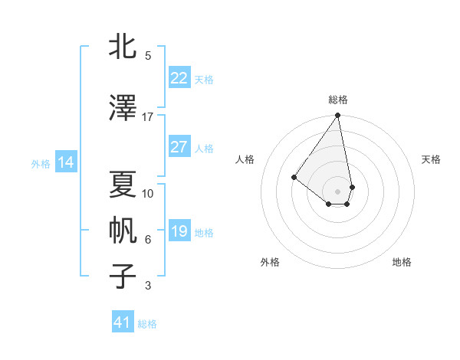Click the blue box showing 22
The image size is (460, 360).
(x=179, y=78)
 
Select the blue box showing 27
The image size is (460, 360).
(x=179, y=147)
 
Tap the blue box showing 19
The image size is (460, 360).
(x=179, y=231)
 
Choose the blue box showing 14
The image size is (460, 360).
(x=65, y=162)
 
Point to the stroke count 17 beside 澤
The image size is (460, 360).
(x=148, y=117)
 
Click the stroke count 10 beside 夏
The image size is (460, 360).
(x=148, y=194)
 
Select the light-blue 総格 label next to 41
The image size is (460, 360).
(x=147, y=324)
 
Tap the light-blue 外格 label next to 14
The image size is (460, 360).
(x=41, y=163)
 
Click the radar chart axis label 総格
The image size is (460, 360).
(x=337, y=100)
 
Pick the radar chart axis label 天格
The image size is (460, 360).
(x=431, y=159)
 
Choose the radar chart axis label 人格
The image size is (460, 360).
(x=245, y=159)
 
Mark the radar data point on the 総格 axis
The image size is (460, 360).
(x=337, y=116)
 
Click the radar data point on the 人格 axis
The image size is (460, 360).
(x=294, y=177)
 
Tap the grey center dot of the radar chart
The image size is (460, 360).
(x=337, y=191)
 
